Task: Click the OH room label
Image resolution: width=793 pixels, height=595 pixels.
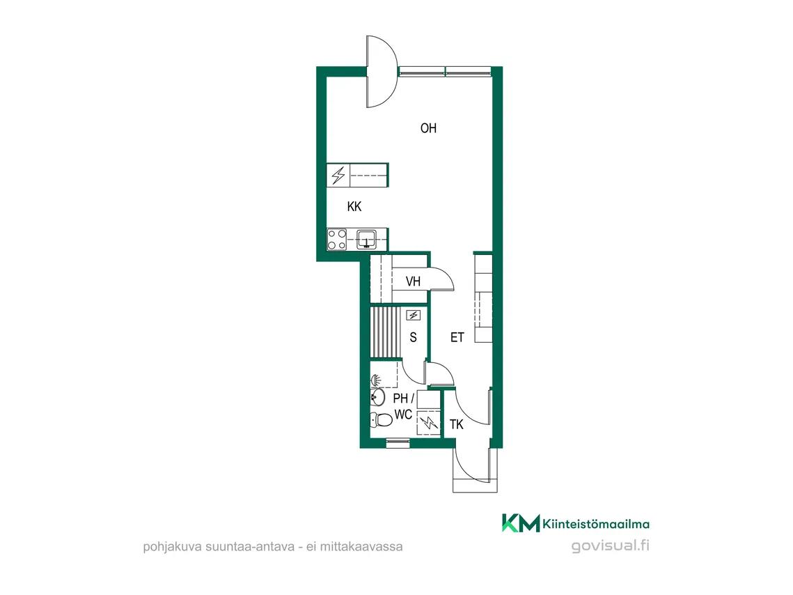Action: click(x=428, y=128)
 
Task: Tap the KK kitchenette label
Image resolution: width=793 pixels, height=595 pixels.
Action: click(x=354, y=206)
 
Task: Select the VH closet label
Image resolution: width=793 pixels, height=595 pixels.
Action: click(x=413, y=281)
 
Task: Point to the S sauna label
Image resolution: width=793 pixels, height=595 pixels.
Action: click(x=413, y=337)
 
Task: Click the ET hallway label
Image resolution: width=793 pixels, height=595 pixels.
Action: click(x=457, y=337)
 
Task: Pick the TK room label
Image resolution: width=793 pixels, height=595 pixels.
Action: click(x=456, y=424)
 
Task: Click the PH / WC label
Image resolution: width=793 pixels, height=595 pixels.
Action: click(x=403, y=406)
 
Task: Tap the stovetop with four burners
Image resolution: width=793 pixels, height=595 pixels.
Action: click(x=337, y=240)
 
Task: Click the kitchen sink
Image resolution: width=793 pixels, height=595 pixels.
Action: click(x=366, y=239)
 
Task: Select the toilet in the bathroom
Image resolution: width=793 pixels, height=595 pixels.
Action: click(x=381, y=419)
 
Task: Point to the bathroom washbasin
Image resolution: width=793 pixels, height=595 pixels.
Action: click(x=377, y=396)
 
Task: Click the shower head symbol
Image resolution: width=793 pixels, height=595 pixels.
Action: click(x=376, y=379)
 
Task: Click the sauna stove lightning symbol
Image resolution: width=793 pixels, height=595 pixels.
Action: click(x=413, y=315)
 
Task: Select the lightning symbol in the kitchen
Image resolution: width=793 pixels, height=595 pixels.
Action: click(x=338, y=176)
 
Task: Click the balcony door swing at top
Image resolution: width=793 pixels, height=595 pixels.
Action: click(x=383, y=71)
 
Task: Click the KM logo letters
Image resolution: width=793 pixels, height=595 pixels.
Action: click(x=521, y=523)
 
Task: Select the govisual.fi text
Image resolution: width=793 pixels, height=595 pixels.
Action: click(x=611, y=546)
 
